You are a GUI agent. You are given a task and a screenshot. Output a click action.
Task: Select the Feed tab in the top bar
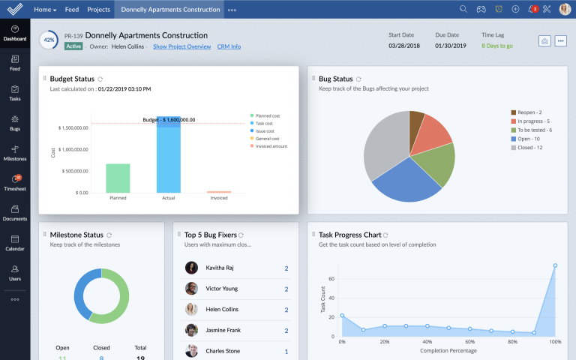pos(72,10)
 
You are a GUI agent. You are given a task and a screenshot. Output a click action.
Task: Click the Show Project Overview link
pos(181,46)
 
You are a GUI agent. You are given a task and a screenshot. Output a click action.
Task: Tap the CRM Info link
pos(229,46)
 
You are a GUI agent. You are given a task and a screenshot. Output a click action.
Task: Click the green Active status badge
pos(73,46)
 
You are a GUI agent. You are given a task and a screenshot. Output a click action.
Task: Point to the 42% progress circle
pos(49,40)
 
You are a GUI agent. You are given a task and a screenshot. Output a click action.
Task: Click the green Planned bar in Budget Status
pos(118,178)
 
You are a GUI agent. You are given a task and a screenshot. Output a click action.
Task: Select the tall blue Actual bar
pos(169,157)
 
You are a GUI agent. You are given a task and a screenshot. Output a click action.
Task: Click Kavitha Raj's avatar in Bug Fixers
pos(192,268)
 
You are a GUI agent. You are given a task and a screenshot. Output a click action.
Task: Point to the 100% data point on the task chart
pos(555,265)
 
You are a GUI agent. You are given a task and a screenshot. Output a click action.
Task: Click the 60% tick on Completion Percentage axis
pos(469,342)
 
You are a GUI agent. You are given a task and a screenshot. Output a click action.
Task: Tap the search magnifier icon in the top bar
pos(463,10)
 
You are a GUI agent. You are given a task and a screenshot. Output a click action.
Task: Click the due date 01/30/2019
pos(451,46)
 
